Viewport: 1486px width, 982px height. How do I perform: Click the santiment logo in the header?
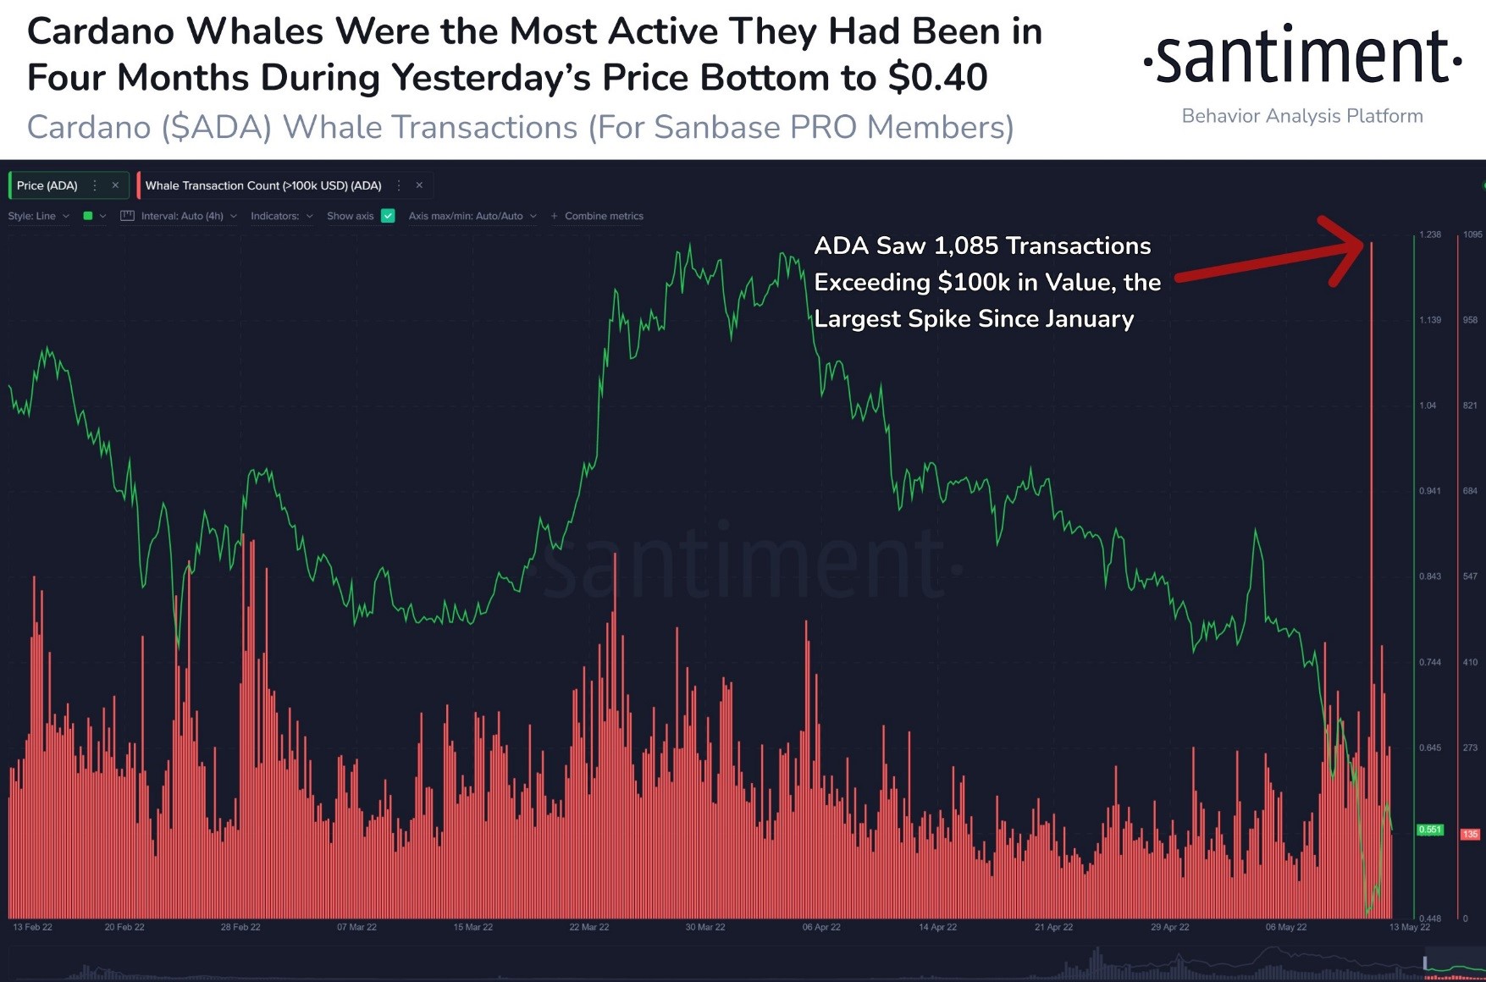point(1302,56)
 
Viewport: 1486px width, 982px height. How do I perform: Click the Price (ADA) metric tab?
point(48,185)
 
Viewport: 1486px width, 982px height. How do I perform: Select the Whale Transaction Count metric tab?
point(263,185)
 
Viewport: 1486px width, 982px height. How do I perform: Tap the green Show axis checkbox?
point(388,216)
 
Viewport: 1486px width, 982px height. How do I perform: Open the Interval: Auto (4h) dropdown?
point(182,216)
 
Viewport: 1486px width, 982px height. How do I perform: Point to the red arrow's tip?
point(1363,244)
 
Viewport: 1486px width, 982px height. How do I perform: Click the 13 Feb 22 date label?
point(32,927)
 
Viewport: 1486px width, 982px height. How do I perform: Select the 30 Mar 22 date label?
point(705,927)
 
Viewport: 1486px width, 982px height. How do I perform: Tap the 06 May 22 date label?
point(1286,927)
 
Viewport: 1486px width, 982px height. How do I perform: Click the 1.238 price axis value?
point(1430,234)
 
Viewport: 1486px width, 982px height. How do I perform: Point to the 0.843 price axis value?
point(1430,577)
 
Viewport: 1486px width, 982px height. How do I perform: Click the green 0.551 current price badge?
point(1430,830)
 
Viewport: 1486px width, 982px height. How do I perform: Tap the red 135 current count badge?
point(1470,834)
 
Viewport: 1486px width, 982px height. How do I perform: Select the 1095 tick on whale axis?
point(1472,234)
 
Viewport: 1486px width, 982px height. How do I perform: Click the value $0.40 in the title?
point(937,78)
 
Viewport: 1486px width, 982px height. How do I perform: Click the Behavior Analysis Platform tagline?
point(1301,116)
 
